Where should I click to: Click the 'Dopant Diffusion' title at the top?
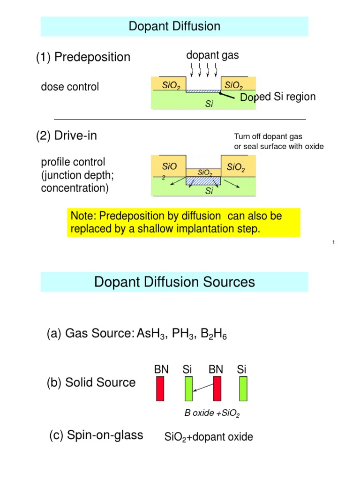click(x=174, y=27)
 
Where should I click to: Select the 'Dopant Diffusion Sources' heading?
click(x=174, y=282)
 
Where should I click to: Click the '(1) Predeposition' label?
click(x=83, y=57)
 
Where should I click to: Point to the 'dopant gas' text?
click(x=212, y=55)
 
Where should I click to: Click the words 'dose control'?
click(x=70, y=87)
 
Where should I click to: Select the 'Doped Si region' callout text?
click(x=277, y=97)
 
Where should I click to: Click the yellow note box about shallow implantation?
click(x=183, y=223)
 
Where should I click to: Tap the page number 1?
click(x=332, y=242)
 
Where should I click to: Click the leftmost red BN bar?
click(x=160, y=390)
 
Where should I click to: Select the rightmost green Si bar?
click(x=243, y=390)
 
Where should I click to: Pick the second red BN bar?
click(x=217, y=390)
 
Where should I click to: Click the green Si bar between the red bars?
click(x=188, y=390)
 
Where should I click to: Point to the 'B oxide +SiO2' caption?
click(x=212, y=413)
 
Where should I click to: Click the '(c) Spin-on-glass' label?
click(x=96, y=435)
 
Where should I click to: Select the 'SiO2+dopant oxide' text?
click(x=209, y=437)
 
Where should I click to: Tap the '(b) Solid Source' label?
click(x=91, y=382)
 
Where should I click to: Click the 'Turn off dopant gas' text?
click(x=268, y=136)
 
